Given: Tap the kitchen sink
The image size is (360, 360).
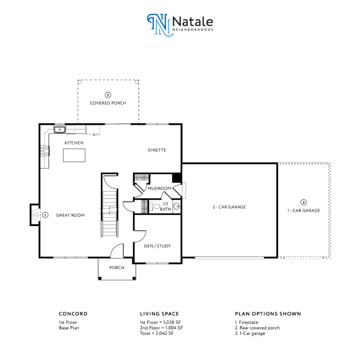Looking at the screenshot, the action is click(x=60, y=130).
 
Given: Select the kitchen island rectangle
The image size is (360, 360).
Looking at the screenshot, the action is click(x=74, y=156).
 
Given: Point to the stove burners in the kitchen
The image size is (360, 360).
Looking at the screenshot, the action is click(x=45, y=151).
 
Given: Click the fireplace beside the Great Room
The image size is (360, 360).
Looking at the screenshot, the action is click(x=35, y=215).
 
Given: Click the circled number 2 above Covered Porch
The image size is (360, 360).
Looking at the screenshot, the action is click(x=108, y=95).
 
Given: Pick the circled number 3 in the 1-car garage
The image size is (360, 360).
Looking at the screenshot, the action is click(x=304, y=202).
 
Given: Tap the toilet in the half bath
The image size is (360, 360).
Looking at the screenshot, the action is click(x=156, y=206).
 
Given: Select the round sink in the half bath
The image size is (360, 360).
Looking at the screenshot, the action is click(x=177, y=206).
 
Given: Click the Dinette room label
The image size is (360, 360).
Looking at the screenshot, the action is click(x=157, y=150).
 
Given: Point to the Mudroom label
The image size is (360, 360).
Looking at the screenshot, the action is click(x=159, y=188).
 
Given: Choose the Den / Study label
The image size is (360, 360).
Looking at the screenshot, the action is click(x=157, y=246).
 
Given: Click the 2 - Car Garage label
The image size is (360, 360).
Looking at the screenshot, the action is click(x=229, y=207).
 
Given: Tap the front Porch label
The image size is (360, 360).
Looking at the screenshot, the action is click(x=117, y=268).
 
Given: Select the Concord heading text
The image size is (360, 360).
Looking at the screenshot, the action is click(x=73, y=314).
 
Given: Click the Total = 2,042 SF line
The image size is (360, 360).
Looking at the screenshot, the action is click(x=157, y=333).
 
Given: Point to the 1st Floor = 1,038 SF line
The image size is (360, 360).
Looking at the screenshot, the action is click(x=160, y=322).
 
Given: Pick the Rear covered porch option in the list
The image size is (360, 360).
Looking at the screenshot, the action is click(x=257, y=328).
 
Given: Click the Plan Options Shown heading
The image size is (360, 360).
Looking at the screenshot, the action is click(x=268, y=314).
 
